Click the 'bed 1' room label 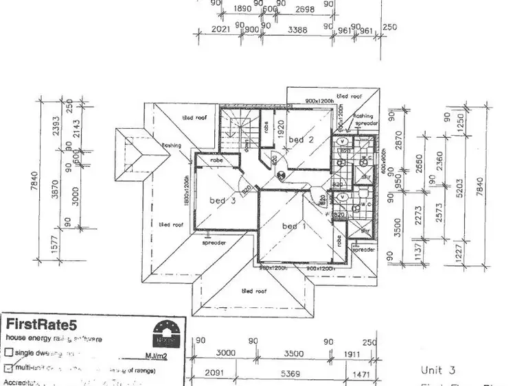290,226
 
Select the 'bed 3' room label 222,200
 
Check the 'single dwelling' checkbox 8,352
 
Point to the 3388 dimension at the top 297,29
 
